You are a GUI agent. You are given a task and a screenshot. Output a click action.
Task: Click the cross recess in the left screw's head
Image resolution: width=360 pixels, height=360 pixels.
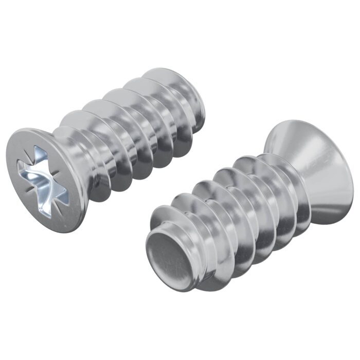click(42, 179)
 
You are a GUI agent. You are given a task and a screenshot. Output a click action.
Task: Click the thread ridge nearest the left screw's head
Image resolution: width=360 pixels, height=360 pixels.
click(77, 154)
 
